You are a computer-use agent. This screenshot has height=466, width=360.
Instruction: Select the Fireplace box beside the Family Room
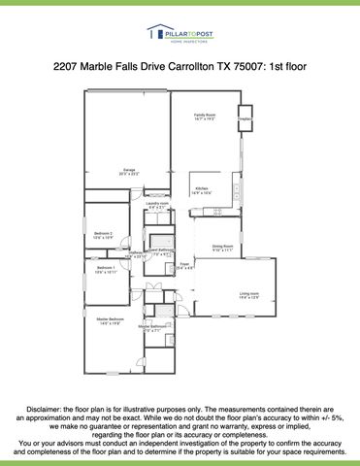[245, 118]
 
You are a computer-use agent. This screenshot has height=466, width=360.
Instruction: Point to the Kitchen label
[202, 190]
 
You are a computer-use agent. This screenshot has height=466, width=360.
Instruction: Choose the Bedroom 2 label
[104, 235]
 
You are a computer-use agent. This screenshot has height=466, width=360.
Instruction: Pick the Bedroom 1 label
[105, 269]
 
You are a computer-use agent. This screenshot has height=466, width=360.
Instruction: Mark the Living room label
[249, 295]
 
